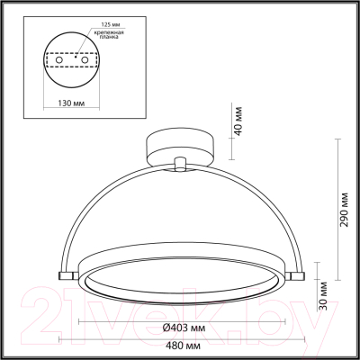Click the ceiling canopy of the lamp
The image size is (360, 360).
pos(181,146)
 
